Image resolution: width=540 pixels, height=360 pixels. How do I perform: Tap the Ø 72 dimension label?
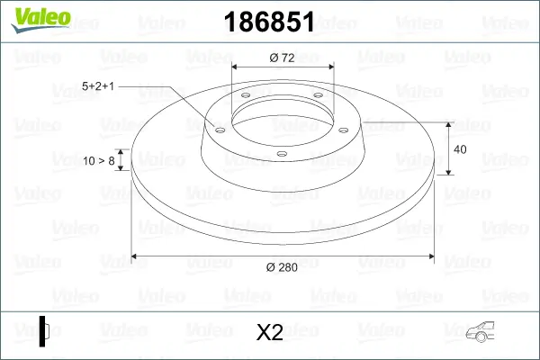pos(283,58)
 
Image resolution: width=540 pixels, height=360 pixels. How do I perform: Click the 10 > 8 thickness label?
pos(98,161)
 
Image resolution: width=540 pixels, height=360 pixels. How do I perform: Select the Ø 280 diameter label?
pos(282,266)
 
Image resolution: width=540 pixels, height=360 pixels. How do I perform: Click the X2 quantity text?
pos(270,333)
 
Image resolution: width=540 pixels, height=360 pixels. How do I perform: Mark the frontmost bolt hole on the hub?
pos(281,154)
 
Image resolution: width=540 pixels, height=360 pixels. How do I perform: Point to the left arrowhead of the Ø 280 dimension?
pos(136,257)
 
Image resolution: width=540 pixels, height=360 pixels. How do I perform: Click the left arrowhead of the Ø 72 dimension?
pos(237,67)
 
